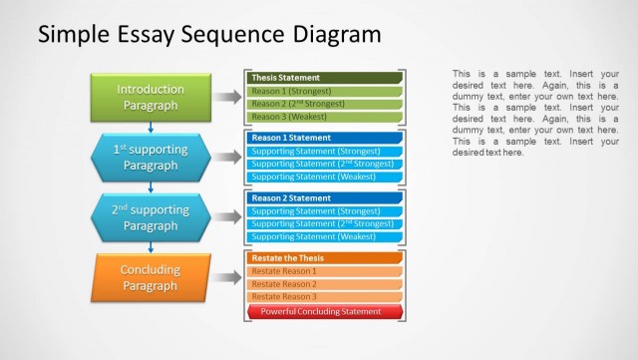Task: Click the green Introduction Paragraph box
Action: pos(151,97)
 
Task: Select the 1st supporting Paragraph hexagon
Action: pos(151,157)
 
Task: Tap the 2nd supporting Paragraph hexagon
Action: pos(151,217)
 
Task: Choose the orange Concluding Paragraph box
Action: pos(151,277)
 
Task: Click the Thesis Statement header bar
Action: pos(324,77)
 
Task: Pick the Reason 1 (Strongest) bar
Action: pos(324,90)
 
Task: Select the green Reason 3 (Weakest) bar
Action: pos(324,116)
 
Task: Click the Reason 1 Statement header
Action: pos(324,138)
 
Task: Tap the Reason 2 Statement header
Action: pos(324,197)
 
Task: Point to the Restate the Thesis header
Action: pos(324,258)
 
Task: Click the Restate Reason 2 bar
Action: pos(324,284)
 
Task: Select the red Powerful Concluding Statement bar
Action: pos(324,311)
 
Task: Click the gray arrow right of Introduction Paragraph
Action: pos(228,97)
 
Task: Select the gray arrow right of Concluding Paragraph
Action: pos(228,277)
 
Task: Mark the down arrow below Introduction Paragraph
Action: pos(151,126)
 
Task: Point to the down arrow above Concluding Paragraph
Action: pos(151,246)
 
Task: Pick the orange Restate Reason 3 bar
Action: pos(324,297)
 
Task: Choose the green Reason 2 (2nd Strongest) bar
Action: pos(324,103)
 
